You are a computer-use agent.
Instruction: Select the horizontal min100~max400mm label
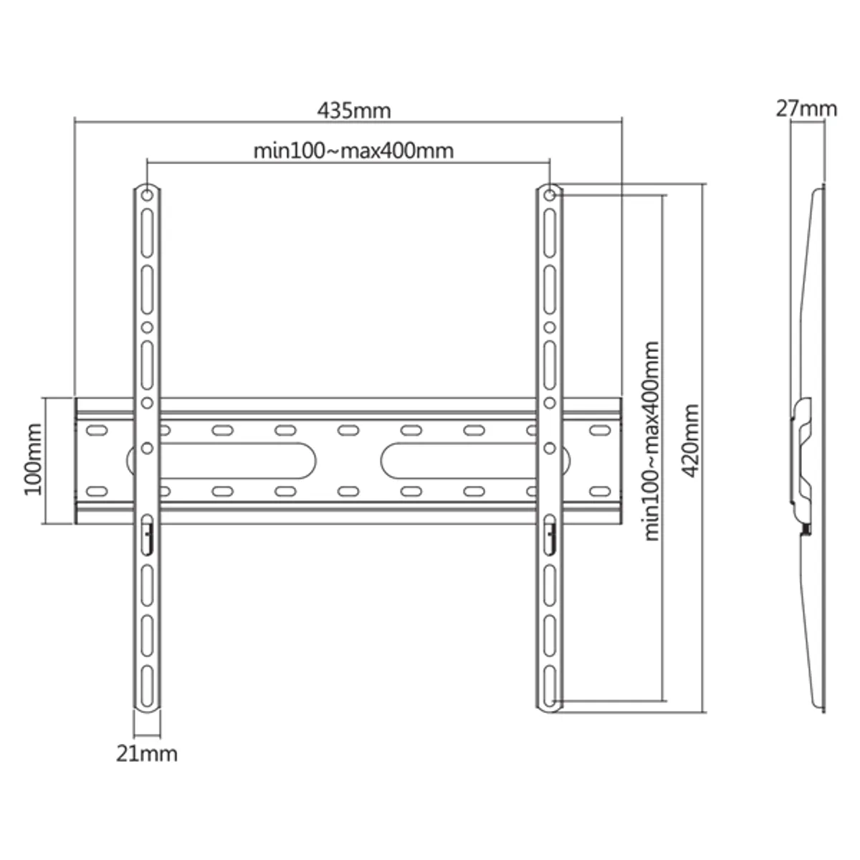(x=353, y=151)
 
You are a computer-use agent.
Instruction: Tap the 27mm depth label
(x=806, y=109)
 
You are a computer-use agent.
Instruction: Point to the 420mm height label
(x=691, y=440)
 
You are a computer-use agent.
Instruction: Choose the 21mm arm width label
(x=147, y=753)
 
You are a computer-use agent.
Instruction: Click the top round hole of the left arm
(x=147, y=194)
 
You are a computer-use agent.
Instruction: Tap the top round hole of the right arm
(x=549, y=194)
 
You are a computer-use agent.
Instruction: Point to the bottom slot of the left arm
(x=147, y=685)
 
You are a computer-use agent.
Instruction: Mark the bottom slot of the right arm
(x=549, y=685)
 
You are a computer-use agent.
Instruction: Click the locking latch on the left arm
(x=147, y=534)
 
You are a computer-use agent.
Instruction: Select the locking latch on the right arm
(x=549, y=534)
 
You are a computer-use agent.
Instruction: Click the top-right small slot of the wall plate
(x=596, y=431)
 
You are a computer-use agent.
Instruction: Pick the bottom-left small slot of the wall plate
(x=95, y=491)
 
